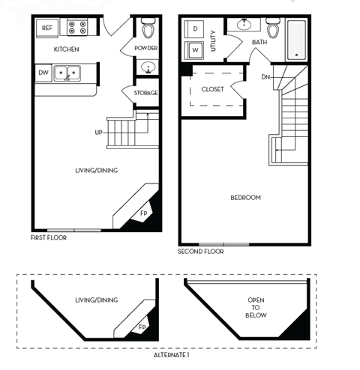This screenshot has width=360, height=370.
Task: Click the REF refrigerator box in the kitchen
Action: pyautogui.click(x=47, y=28)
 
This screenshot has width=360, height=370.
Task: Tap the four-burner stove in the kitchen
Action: pyautogui.click(x=76, y=28)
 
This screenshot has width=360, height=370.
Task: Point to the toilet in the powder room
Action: pyautogui.click(x=148, y=30)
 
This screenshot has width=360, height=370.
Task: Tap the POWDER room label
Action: pyautogui.click(x=145, y=48)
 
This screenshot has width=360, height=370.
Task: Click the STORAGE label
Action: pyautogui.click(x=145, y=93)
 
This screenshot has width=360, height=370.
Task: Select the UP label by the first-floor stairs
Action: pyautogui.click(x=98, y=133)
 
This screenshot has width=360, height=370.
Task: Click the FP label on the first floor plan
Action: pyautogui.click(x=143, y=213)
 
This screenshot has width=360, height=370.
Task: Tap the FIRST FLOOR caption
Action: pyautogui.click(x=49, y=237)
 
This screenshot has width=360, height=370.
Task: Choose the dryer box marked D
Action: pyautogui.click(x=195, y=28)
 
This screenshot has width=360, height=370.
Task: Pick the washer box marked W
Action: pyautogui.click(x=195, y=50)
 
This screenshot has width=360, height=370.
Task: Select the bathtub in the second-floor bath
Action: pyautogui.click(x=296, y=40)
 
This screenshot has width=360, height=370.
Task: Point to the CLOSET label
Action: pyautogui.click(x=212, y=90)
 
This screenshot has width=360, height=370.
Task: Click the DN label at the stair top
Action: pyautogui.click(x=265, y=77)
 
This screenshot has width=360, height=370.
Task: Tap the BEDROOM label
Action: pyautogui.click(x=245, y=198)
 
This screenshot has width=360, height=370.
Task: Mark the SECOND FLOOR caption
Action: pyautogui.click(x=200, y=252)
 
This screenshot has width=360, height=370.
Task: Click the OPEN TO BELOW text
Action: pyautogui.click(x=256, y=306)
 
